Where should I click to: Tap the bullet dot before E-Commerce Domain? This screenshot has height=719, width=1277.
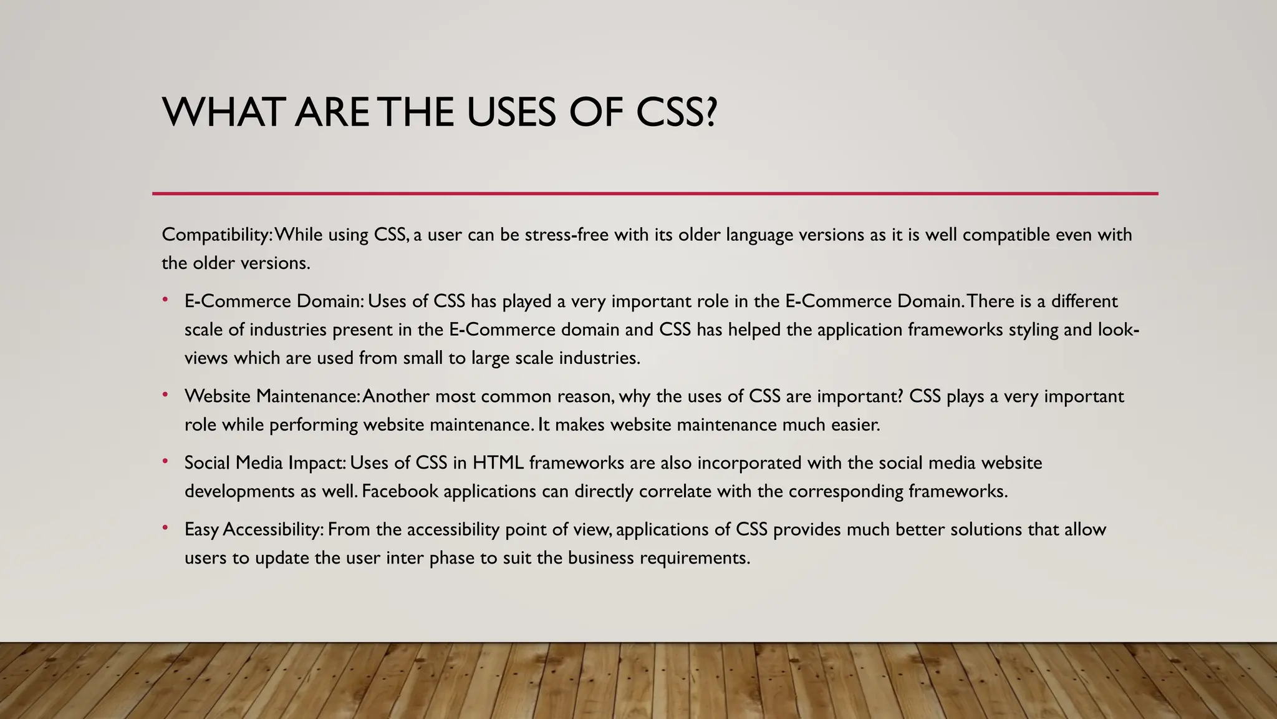[165, 300]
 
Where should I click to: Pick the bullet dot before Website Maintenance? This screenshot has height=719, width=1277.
[165, 395]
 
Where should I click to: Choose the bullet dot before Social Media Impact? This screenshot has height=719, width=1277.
[165, 462]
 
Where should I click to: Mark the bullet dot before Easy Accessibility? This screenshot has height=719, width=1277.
[165, 528]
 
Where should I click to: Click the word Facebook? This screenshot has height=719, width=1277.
[400, 491]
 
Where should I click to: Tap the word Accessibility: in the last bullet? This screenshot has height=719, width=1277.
[273, 529]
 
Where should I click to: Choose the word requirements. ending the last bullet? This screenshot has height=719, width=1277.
[695, 557]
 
